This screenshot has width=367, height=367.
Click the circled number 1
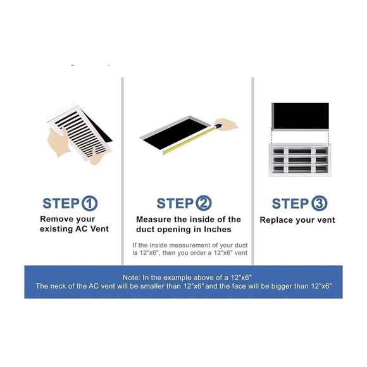[x=89, y=203]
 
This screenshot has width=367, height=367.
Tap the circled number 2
[x=203, y=203]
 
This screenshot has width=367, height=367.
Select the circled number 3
[x=320, y=203]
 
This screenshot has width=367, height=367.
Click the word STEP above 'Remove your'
[x=61, y=203]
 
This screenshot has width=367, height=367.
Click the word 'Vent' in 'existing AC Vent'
[x=99, y=228]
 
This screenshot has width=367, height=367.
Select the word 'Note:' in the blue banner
[x=132, y=278]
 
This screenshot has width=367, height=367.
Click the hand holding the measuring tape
[x=226, y=124]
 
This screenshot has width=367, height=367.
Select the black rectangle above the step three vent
[x=301, y=116]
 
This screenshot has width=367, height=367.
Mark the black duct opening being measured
[x=175, y=134]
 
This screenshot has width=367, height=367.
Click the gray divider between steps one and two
[x=122, y=171]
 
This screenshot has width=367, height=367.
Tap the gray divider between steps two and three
[x=252, y=171]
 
